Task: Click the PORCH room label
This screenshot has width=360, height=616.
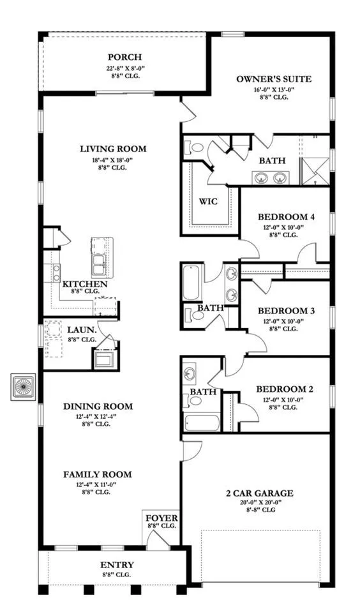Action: [x=125, y=57]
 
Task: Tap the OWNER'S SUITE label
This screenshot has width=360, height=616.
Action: [x=274, y=79]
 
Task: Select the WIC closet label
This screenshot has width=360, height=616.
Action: [x=208, y=202]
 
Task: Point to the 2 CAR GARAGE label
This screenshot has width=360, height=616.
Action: [x=259, y=493]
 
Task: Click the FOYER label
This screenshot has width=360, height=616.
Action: [x=161, y=518]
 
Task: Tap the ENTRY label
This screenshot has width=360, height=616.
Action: [x=117, y=565]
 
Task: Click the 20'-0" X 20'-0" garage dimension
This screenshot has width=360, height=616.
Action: [x=260, y=502]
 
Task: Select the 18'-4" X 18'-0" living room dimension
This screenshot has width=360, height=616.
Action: [x=113, y=160]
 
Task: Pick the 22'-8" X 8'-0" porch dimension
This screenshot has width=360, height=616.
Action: [x=125, y=68]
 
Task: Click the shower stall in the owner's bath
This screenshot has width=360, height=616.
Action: [x=315, y=171]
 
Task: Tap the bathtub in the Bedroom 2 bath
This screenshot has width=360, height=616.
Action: [x=202, y=423]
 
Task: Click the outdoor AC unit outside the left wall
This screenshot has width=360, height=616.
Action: [x=23, y=387]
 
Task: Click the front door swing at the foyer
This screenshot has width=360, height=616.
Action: [x=158, y=537]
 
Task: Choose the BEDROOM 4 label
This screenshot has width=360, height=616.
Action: [x=286, y=217]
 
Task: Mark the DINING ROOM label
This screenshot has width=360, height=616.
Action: [x=98, y=406]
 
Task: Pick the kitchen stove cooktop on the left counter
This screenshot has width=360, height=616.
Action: [x=56, y=271]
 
